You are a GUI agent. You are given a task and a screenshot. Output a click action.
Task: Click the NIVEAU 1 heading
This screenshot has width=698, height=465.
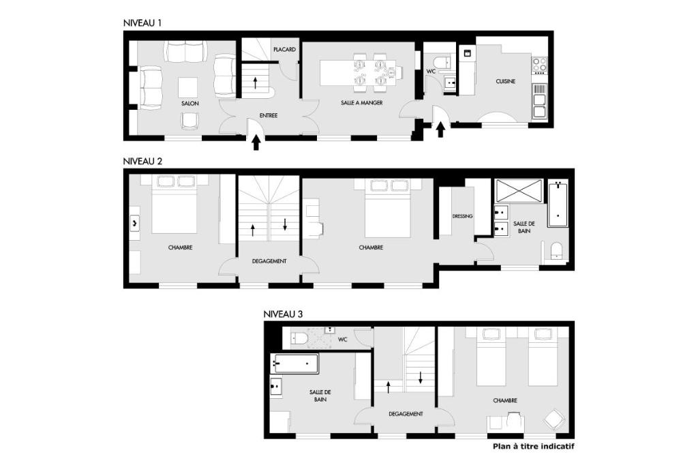coord(142,23)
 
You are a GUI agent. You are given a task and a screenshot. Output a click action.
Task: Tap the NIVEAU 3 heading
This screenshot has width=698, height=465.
coord(283,314)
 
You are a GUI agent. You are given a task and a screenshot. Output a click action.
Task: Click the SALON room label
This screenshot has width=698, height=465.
coord(190,104)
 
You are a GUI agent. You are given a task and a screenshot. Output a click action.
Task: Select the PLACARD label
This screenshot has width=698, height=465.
coord(284,50)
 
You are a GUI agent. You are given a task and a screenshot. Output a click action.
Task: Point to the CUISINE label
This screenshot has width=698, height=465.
coord(506,82)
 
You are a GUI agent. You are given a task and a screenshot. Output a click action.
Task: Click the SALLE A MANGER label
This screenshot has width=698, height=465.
coord(362,103)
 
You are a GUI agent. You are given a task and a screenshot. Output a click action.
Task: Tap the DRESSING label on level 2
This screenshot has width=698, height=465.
coord(463,216)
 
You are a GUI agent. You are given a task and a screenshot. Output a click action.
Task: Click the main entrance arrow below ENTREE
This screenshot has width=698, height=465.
coord(256,142)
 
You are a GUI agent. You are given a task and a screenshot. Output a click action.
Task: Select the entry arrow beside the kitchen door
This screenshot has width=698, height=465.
coord(441,130)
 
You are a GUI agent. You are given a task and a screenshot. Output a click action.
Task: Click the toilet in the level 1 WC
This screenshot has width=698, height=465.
coord(443,62)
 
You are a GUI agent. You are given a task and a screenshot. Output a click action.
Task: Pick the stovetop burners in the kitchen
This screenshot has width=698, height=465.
coord(540,65)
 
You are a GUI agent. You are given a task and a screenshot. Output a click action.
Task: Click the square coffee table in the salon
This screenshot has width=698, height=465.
coord(188,87)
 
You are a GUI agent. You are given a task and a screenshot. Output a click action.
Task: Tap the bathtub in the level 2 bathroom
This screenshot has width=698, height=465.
coord(558,204)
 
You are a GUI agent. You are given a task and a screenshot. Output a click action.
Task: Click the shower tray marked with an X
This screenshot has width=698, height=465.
coord(519,191)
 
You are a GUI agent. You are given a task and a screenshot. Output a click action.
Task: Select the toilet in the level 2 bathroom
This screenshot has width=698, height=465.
coord(556,251)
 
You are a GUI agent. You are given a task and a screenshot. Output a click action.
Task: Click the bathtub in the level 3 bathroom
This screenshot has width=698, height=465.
coord(294,364)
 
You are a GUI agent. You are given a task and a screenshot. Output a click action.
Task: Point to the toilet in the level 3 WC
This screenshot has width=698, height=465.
coord(299,339)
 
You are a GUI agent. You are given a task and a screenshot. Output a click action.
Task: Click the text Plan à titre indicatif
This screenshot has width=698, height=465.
coord(533,447)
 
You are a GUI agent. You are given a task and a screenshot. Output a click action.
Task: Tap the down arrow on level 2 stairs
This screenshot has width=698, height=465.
coord(285,224)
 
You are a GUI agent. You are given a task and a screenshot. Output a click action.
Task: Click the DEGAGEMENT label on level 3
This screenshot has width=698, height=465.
coord(406,415)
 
